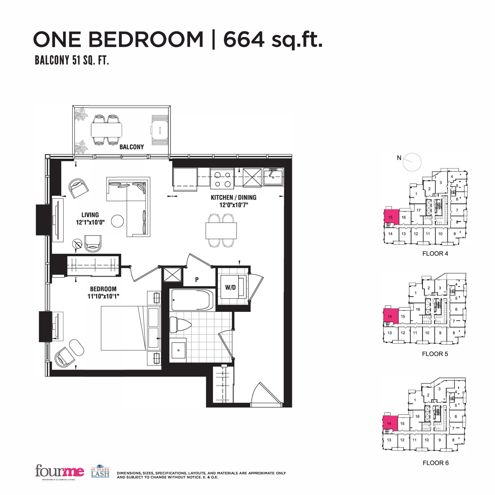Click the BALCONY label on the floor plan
(131, 147)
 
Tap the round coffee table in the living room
(118, 221)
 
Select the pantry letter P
(197, 280)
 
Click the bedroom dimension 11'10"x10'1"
(103, 296)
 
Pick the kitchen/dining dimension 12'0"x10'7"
(233, 205)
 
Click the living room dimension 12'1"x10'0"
(90, 222)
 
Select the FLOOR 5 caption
(435, 354)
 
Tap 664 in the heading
(244, 39)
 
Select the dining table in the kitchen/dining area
(221, 231)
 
